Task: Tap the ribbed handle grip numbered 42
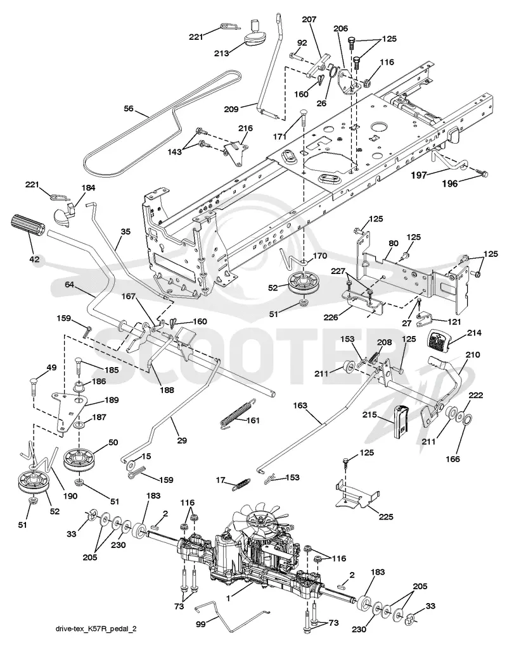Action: pos(28,231)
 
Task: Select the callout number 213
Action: pos(222,53)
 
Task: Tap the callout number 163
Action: pos(300,406)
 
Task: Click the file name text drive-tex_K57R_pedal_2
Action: pos(96,628)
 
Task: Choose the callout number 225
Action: pos(385,516)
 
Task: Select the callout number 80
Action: pos(393,243)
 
